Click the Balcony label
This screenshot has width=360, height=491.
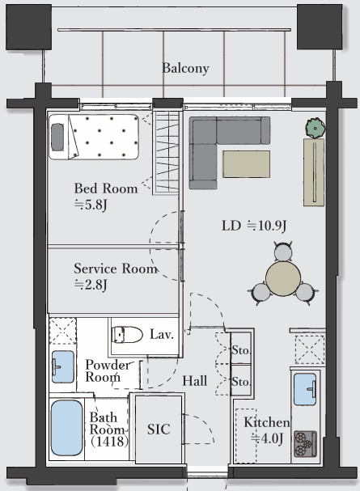(185, 68)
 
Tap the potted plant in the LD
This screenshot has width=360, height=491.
(316, 128)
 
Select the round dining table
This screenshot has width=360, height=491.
(283, 278)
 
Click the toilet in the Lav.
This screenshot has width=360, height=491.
(127, 334)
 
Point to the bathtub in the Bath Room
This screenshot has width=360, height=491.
(66, 428)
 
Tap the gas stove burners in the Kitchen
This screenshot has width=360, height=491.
(305, 444)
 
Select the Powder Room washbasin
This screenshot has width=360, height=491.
(63, 366)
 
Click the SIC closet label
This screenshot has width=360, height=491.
(159, 430)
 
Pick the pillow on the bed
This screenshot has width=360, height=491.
(57, 138)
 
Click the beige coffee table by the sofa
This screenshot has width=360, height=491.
(247, 164)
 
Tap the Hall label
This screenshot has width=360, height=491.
(195, 381)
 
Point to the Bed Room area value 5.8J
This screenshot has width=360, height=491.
(91, 205)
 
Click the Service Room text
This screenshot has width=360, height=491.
(116, 269)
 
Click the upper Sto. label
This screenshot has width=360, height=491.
(241, 349)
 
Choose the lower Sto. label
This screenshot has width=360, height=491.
(241, 382)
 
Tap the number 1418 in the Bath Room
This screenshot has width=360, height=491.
(109, 442)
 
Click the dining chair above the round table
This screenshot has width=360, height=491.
(282, 251)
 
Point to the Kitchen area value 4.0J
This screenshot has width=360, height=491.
(267, 438)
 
